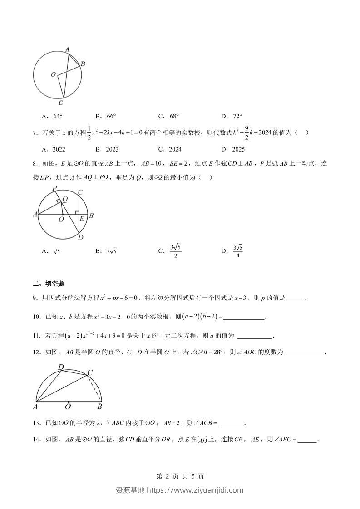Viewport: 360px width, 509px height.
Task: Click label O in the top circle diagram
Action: [53, 74]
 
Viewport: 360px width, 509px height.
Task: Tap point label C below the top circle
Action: [60, 103]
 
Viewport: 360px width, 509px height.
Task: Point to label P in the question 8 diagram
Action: [54, 188]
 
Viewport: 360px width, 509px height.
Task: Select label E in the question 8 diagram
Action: [82, 219]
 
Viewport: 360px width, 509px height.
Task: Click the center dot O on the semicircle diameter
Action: [69, 401]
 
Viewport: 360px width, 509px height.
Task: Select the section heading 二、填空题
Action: [49, 284]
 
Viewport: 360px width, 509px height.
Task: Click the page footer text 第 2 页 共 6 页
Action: [180, 476]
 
